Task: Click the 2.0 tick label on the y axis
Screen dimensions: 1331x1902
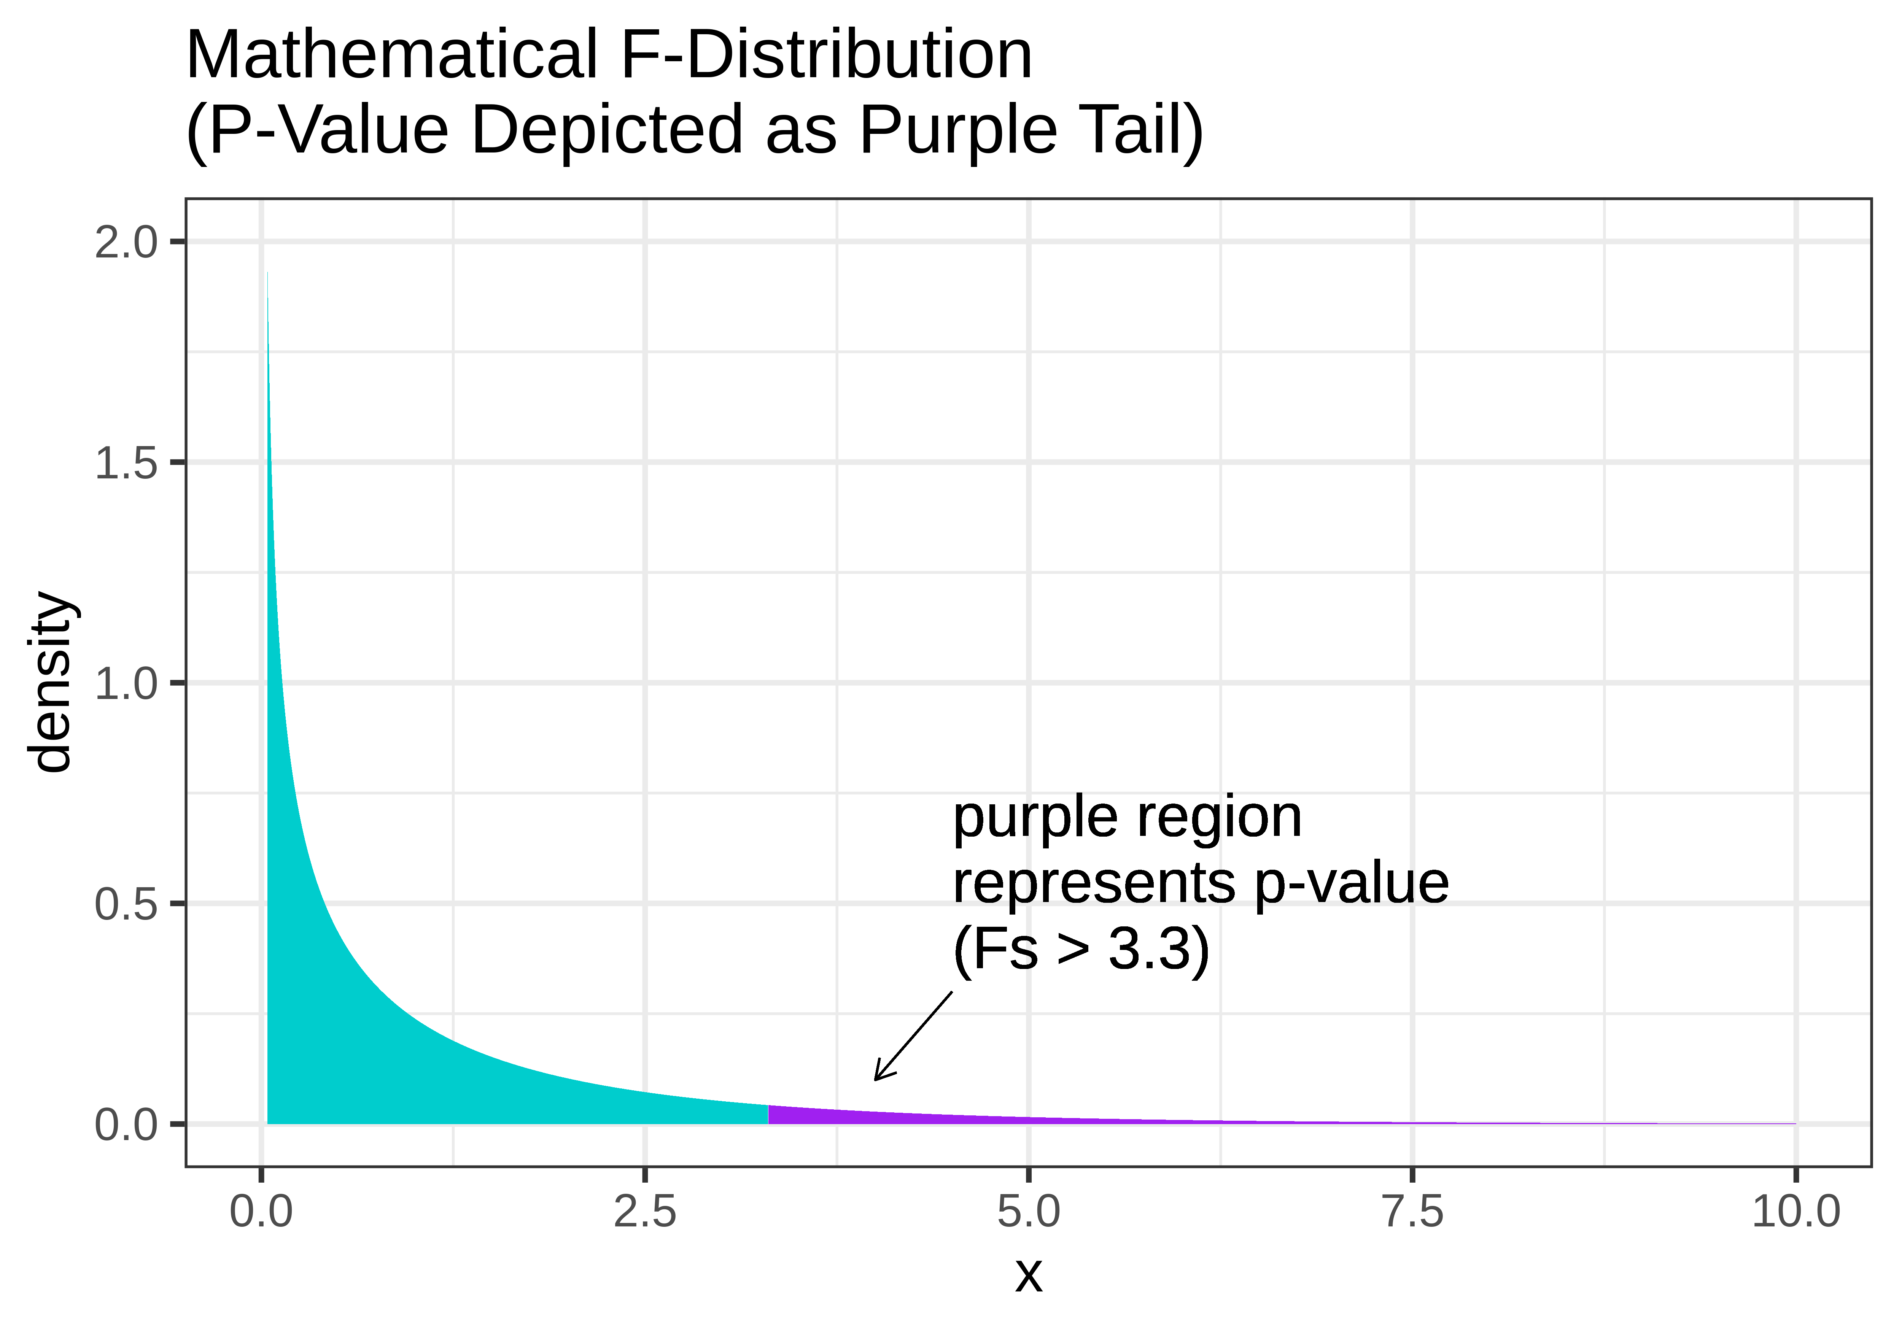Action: click(126, 243)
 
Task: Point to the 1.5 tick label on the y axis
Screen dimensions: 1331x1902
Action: click(126, 463)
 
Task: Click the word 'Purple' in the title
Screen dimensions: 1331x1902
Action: click(959, 131)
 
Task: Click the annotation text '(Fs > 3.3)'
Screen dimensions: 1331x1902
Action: click(1081, 949)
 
